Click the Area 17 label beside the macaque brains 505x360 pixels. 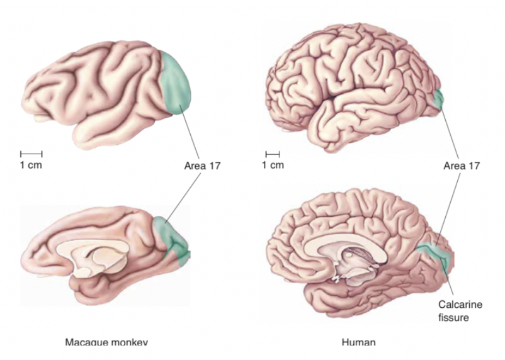click(x=202, y=166)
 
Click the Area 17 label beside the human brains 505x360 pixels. click(x=462, y=166)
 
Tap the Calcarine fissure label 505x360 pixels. click(x=460, y=311)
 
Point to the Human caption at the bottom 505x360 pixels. click(x=359, y=342)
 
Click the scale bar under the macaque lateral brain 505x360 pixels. click(x=31, y=153)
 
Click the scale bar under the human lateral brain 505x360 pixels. click(x=272, y=153)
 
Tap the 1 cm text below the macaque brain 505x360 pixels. click(x=31, y=165)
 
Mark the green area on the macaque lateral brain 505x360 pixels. click(x=176, y=82)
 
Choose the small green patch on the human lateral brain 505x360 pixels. click(x=438, y=98)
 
